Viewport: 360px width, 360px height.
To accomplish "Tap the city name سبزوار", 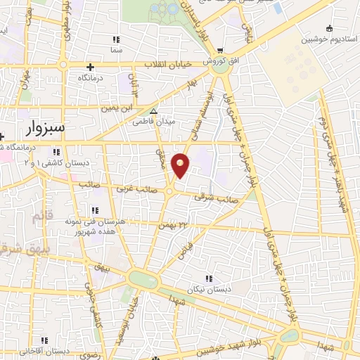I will (48, 128).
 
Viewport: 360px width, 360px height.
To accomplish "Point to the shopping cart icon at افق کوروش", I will (221, 50).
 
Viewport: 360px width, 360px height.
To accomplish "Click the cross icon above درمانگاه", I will (90, 66).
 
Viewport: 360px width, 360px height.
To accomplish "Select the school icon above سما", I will (116, 39).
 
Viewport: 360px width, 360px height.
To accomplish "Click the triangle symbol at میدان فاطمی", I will (153, 111).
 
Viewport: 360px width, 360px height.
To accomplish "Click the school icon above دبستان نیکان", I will (207, 278).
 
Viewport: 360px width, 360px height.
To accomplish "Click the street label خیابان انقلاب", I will (169, 65).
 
